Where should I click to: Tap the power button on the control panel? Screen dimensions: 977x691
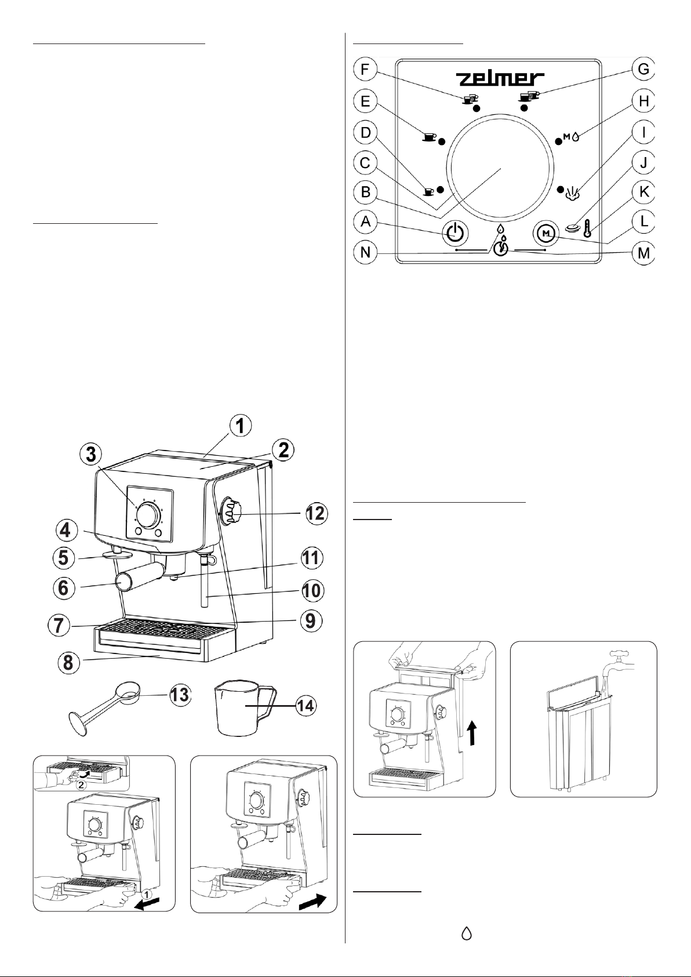[x=456, y=233]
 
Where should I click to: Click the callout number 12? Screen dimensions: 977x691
[x=317, y=513]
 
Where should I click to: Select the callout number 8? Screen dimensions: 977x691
[x=68, y=662]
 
